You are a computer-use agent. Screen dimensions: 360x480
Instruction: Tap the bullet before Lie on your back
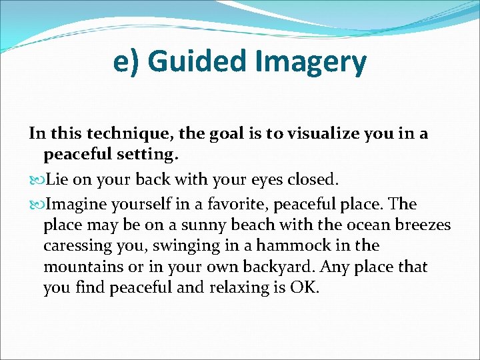tap(35, 180)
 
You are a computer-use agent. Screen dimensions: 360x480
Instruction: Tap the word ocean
tap(345, 225)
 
